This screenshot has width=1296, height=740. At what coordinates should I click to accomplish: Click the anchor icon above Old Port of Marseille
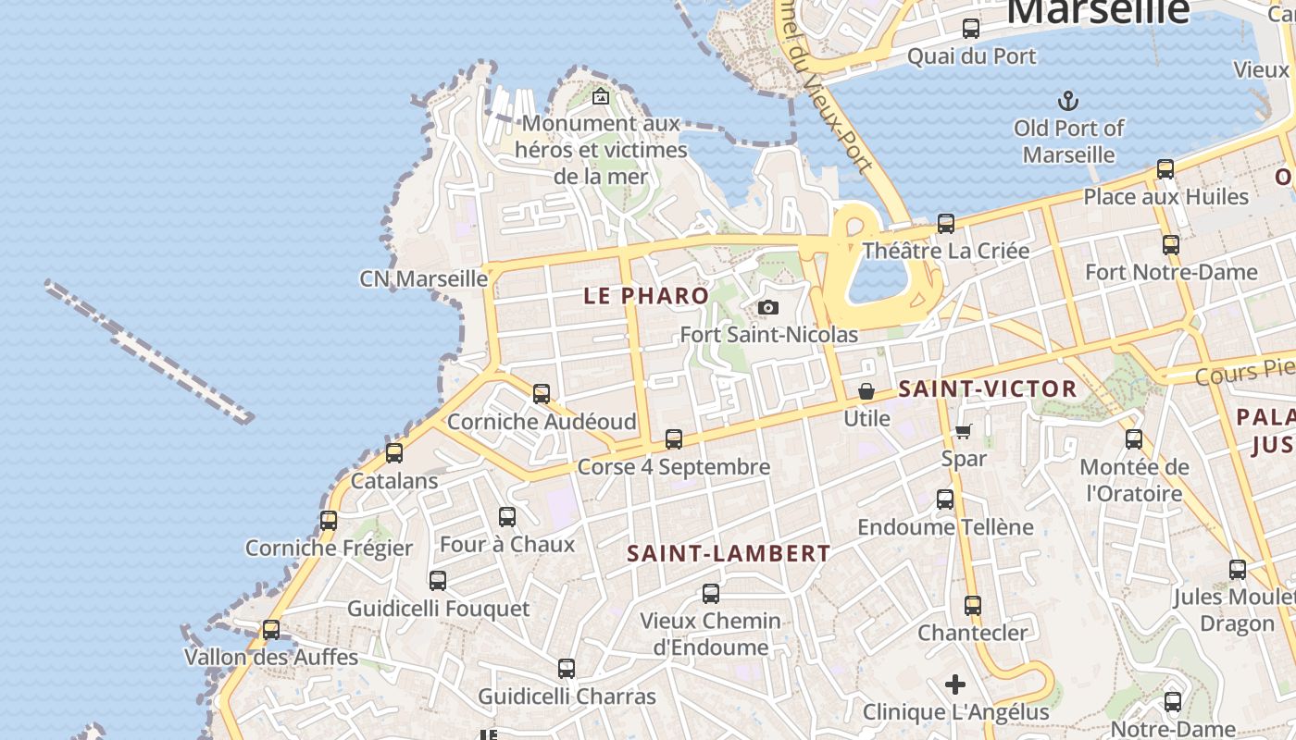[x=1069, y=100]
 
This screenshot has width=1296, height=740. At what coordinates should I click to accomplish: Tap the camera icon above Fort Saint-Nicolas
[x=767, y=307]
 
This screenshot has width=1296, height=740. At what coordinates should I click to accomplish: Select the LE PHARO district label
[x=647, y=296]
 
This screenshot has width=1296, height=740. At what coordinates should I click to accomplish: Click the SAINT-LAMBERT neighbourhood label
[x=729, y=554]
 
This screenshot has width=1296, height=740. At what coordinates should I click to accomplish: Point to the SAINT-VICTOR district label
[x=988, y=388]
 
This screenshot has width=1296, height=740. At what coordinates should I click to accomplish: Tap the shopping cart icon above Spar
[x=964, y=431]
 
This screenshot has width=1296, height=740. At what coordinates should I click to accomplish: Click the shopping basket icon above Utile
[x=866, y=391]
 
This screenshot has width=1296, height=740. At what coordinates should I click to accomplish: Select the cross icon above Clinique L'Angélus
[x=955, y=684]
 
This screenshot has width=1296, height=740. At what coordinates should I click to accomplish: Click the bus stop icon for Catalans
[x=394, y=453]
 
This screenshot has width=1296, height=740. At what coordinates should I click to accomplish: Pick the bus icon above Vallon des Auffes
[x=271, y=630]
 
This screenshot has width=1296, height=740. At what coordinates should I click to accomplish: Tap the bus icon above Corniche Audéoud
[x=542, y=394]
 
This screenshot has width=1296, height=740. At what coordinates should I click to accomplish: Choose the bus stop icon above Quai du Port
[x=970, y=29]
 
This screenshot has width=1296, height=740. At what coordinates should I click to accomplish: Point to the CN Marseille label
[x=423, y=278]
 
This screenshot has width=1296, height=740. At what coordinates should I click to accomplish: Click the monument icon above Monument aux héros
[x=601, y=95]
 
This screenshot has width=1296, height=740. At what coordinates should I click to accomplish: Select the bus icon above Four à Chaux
[x=507, y=517]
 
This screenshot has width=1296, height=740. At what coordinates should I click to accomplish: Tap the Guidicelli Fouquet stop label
[x=438, y=609]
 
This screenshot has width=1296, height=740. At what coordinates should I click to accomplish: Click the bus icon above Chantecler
[x=972, y=606]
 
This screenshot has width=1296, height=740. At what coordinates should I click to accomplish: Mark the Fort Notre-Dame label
[x=1171, y=272]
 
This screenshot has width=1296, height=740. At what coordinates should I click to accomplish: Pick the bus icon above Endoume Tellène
[x=945, y=499]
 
